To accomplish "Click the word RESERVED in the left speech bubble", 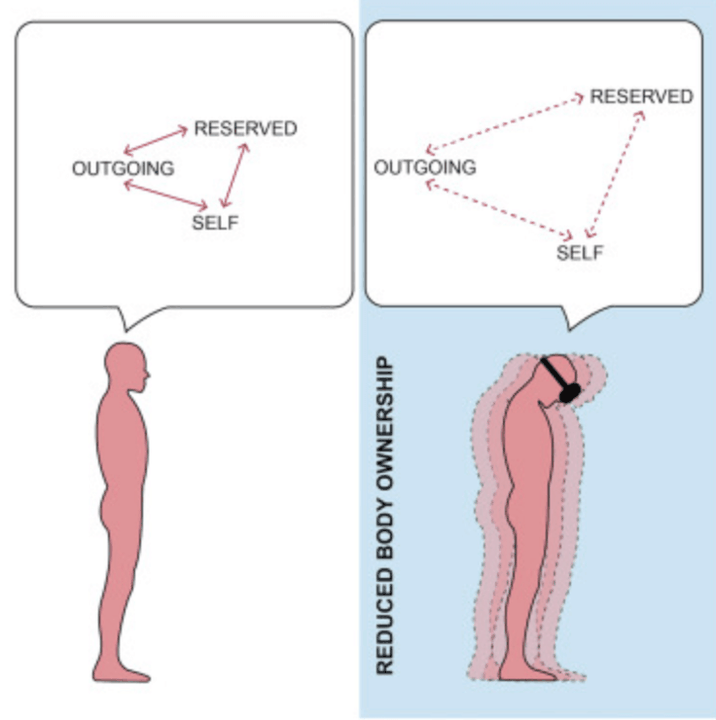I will (246, 129).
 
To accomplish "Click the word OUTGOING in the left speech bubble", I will (123, 169).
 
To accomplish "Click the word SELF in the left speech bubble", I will (215, 223).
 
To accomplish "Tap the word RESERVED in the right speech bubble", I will (641, 96).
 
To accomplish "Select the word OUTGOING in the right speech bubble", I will (425, 168).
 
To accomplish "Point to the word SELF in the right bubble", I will (580, 253).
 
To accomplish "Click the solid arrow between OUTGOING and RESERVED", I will (156, 141).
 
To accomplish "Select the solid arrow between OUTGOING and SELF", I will (166, 194).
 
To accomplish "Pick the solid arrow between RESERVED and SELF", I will (234, 175).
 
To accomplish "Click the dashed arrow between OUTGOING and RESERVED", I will (505, 123).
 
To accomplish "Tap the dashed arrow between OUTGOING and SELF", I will (499, 209).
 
